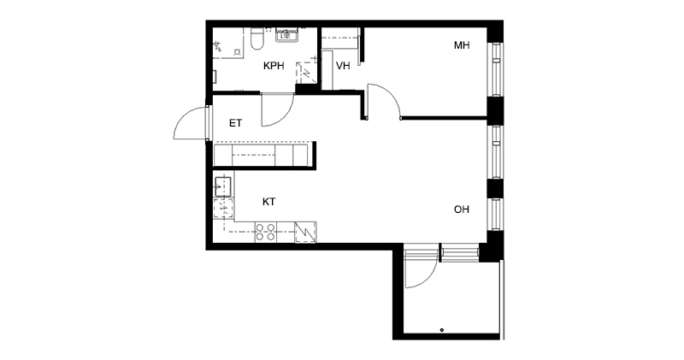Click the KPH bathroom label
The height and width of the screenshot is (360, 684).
[274, 66]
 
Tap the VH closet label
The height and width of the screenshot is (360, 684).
[343, 66]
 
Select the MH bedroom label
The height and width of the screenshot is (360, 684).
[462, 45]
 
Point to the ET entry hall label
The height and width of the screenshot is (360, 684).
[236, 123]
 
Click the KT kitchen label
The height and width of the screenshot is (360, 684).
[268, 202]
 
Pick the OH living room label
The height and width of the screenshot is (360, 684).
[462, 210]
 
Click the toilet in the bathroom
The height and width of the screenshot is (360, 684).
[256, 38]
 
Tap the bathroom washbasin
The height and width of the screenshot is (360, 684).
[286, 34]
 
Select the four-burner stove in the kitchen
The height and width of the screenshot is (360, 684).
[265, 232]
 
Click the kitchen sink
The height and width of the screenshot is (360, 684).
[223, 186]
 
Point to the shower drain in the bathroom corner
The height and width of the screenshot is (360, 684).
[238, 51]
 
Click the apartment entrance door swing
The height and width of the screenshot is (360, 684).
[191, 123]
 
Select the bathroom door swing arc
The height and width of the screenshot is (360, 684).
[277, 110]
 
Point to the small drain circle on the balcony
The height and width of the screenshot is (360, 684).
[442, 330]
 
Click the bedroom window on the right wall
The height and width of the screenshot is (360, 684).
[495, 70]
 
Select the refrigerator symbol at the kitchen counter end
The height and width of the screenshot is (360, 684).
[306, 232]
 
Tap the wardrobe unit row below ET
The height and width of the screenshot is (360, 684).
[261, 155]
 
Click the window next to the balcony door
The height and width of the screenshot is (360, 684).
[459, 253]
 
